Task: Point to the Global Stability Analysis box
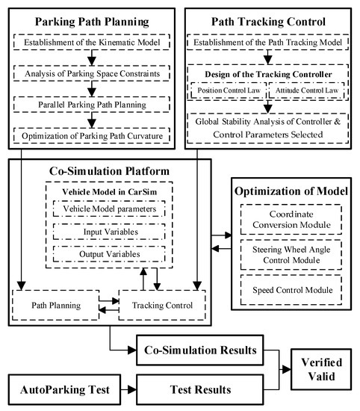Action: [272, 129]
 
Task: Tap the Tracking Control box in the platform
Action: [161, 306]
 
